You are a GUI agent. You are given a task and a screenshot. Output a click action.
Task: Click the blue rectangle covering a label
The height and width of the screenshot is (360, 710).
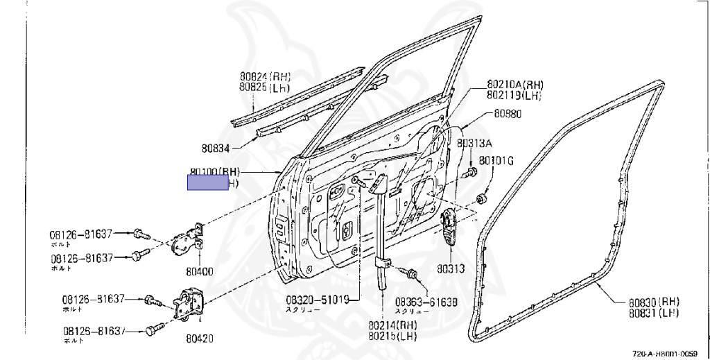[x=208, y=183]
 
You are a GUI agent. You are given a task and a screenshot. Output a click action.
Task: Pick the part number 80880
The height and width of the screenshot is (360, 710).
[x=508, y=113]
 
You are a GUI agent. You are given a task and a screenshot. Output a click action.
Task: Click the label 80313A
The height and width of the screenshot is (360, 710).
[x=474, y=144]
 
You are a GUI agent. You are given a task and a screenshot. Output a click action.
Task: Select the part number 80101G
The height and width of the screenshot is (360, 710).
[x=496, y=161]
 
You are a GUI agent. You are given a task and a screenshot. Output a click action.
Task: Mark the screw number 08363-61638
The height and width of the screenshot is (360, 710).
[x=426, y=302]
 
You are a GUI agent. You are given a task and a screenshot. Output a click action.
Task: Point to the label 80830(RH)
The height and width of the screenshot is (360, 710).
[x=654, y=302]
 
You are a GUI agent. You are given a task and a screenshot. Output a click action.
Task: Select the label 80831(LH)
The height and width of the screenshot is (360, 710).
[x=654, y=313]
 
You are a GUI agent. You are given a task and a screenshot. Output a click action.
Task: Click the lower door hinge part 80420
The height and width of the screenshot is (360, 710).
[x=187, y=305]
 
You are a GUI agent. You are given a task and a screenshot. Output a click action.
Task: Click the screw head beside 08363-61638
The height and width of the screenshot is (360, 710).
[x=413, y=275]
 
